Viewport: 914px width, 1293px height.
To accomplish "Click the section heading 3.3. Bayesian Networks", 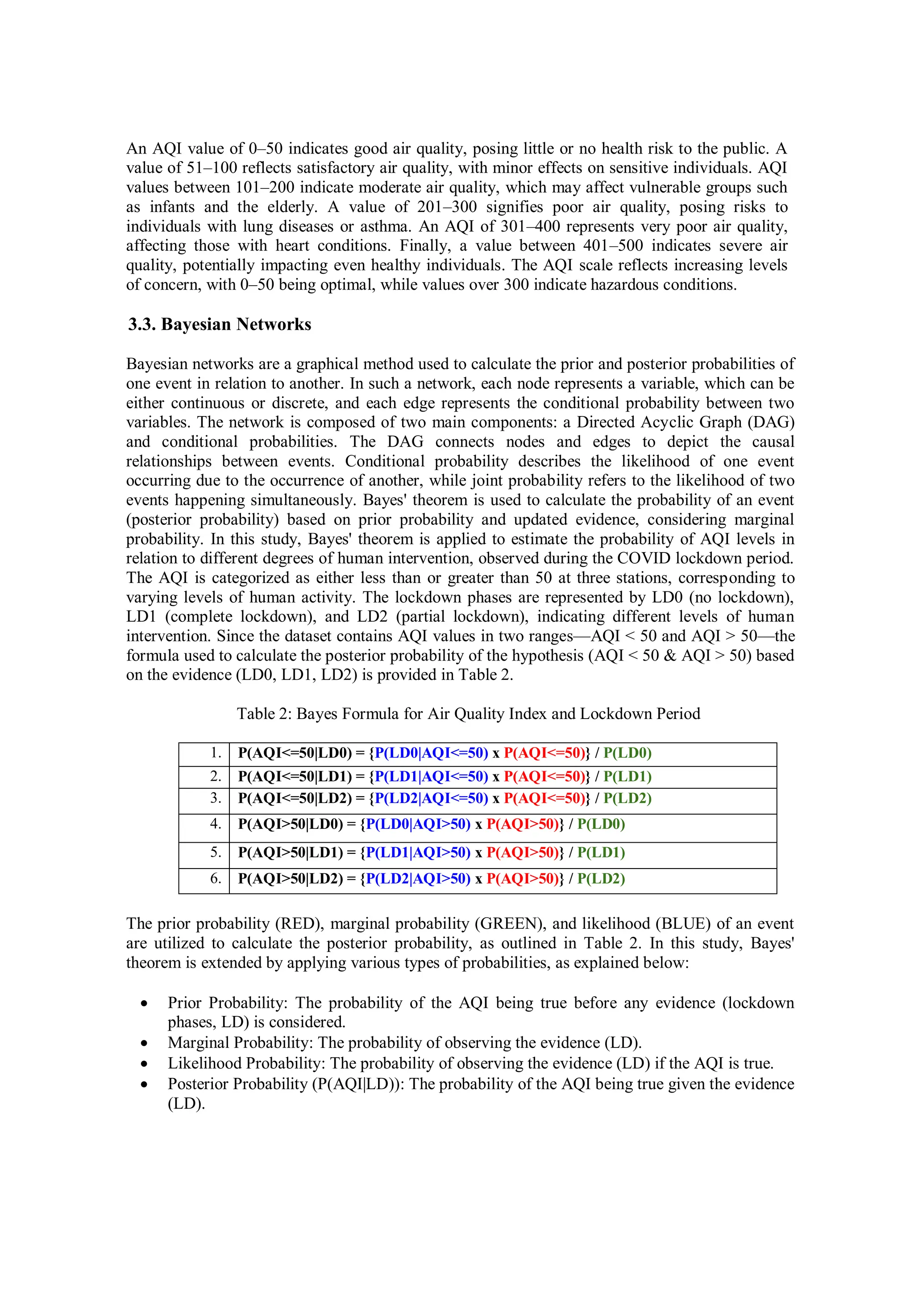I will [220, 324].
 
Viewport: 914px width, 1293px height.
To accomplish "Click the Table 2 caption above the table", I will [468, 714].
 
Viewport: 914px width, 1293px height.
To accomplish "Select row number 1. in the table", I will [216, 753].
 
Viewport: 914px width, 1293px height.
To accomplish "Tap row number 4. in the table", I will [216, 823].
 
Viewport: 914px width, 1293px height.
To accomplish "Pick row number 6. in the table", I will [216, 878].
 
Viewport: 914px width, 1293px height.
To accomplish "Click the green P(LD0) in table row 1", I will [627, 753].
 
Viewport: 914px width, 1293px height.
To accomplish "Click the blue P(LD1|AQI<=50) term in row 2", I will [432, 777].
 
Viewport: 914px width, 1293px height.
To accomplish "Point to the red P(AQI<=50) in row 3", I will [544, 798].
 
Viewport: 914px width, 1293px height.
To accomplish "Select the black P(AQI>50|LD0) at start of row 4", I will [291, 824].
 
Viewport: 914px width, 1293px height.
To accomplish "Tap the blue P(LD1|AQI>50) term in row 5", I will [418, 852].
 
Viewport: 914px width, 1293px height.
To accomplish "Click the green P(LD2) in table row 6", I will [601, 878].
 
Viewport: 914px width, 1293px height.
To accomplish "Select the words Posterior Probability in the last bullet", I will [237, 1084].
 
